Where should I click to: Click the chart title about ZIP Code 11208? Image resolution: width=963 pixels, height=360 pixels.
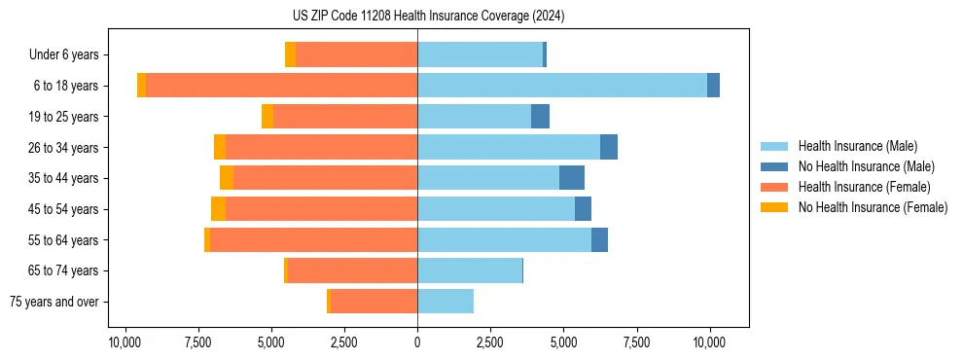point(428,16)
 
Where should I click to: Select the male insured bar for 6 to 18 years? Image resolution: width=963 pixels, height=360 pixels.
point(562,86)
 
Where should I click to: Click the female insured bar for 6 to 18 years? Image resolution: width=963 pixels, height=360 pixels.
point(281,86)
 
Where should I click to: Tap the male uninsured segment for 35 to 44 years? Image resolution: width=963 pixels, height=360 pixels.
point(572,178)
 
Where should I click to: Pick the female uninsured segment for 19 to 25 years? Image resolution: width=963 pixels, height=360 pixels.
point(267,117)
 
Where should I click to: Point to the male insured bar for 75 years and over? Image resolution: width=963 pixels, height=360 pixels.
point(446,302)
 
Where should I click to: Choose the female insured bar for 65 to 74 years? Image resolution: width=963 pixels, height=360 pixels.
point(352,270)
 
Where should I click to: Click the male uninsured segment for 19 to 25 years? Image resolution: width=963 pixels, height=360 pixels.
point(540,117)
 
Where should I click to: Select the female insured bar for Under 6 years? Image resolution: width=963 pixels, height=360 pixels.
point(356,54)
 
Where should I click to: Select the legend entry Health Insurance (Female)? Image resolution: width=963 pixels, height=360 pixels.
point(864,187)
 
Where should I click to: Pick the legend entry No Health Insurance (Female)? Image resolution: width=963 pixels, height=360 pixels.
point(873,207)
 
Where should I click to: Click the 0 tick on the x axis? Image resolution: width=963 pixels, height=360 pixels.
point(417,342)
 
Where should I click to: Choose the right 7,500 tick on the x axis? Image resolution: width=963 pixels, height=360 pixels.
point(636,342)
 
